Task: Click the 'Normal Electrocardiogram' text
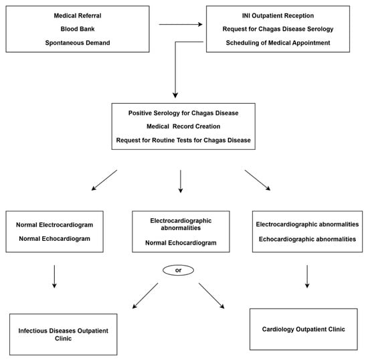point(54,225)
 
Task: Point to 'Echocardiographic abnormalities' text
point(308,238)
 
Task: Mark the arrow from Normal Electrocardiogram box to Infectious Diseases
point(54,276)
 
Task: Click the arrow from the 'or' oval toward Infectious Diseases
point(146,295)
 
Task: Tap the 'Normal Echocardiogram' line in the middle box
point(181,242)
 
